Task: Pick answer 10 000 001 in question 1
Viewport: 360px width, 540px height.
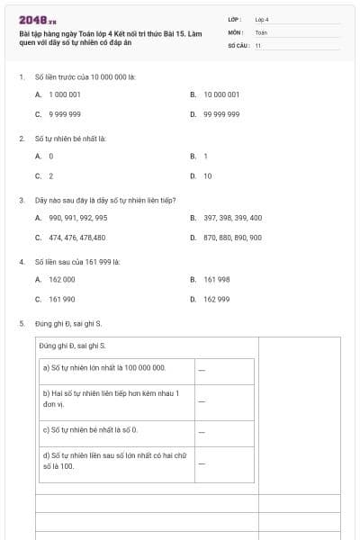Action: click(x=220, y=94)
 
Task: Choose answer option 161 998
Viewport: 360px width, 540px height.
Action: click(x=216, y=279)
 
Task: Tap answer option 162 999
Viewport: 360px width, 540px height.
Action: click(x=216, y=299)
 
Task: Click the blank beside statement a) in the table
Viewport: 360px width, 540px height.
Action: click(x=202, y=368)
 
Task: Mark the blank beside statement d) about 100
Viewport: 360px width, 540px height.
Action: click(x=202, y=462)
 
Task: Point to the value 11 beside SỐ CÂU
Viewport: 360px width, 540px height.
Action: click(x=258, y=45)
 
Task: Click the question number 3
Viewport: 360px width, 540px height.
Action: click(x=21, y=200)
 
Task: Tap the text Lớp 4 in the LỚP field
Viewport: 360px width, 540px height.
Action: click(x=262, y=19)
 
